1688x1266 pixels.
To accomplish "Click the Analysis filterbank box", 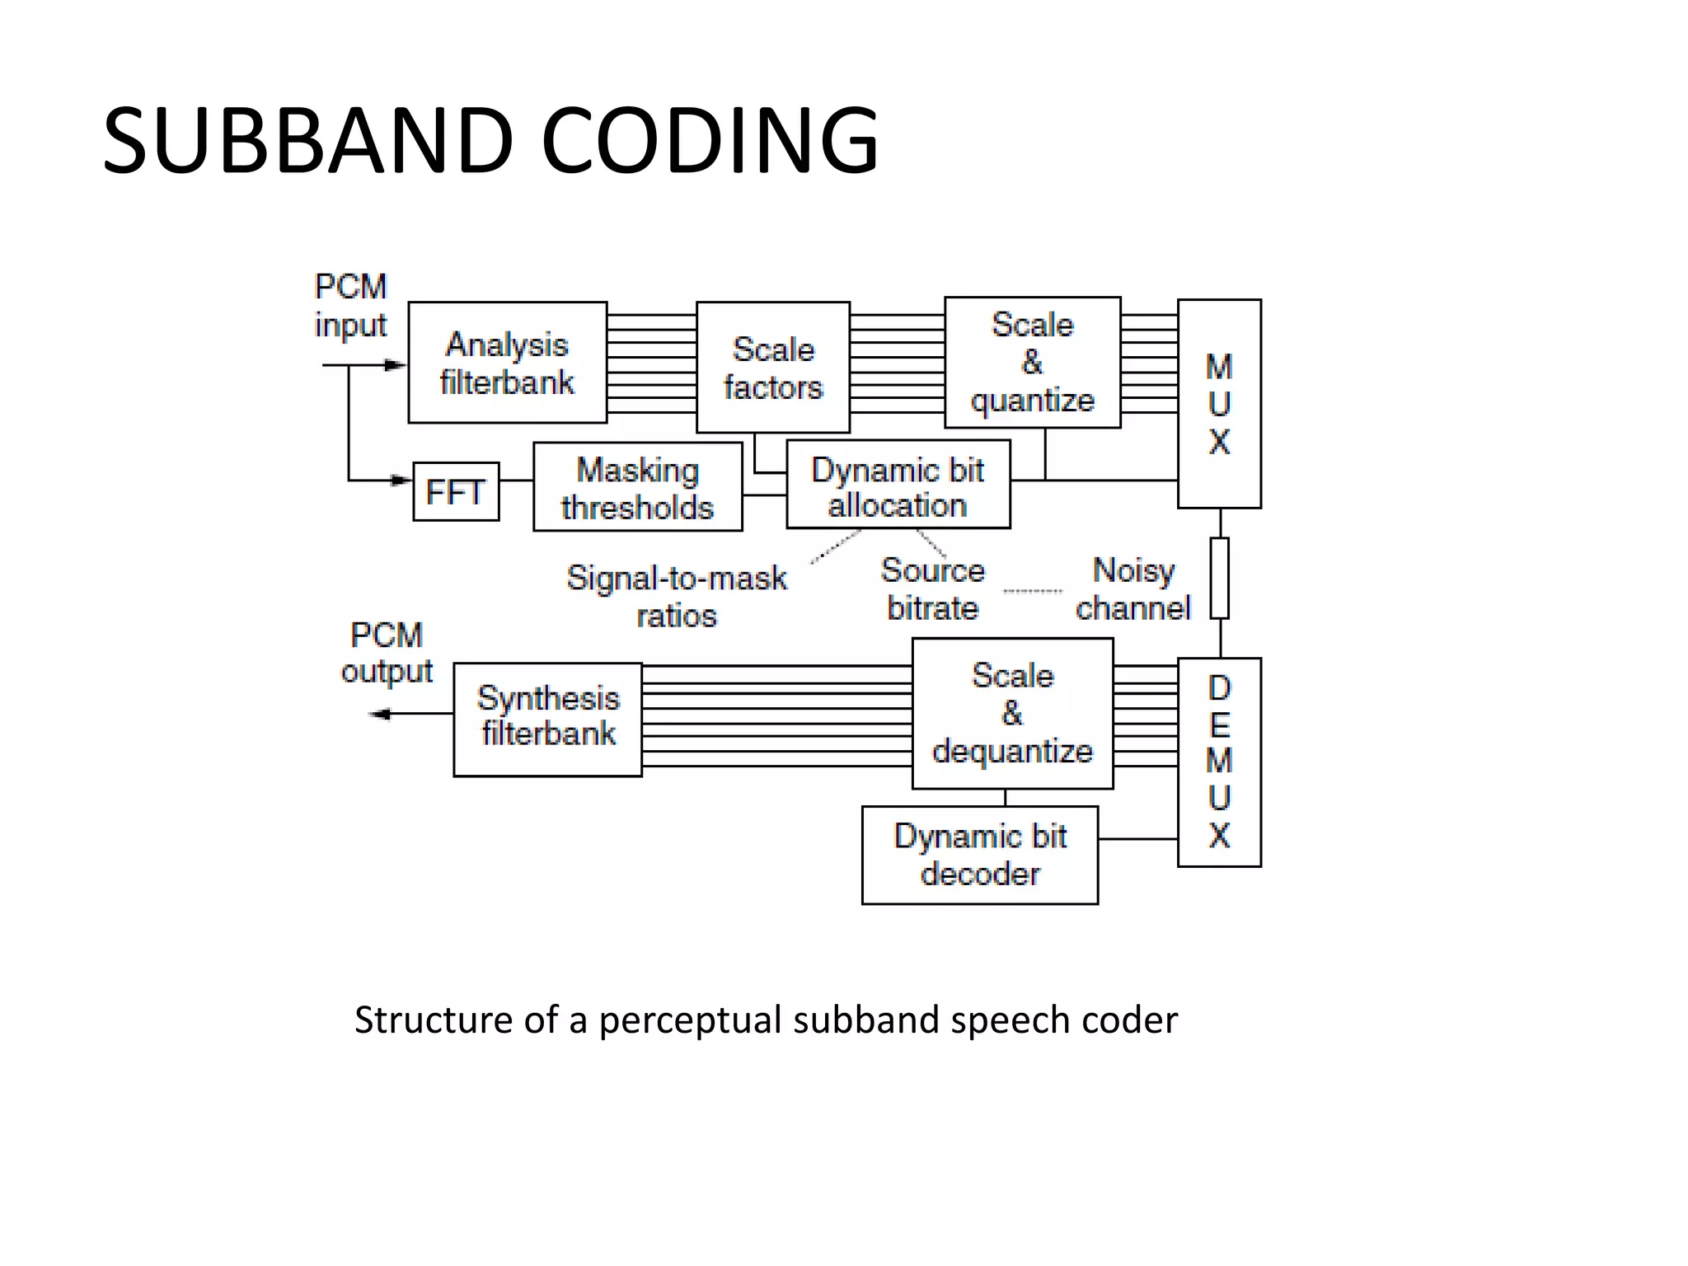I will click(507, 363).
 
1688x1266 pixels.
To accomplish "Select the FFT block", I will click(455, 492).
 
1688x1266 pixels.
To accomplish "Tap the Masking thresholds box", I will click(637, 487).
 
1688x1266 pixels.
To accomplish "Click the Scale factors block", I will click(772, 368).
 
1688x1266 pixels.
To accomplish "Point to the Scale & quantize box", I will click(1032, 363).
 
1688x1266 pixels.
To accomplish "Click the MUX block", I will click(1218, 404).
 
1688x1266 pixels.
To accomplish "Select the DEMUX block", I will click(1218, 762).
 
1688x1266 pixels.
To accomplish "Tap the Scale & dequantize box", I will click(1012, 714).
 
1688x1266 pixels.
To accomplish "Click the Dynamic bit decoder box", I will click(979, 856).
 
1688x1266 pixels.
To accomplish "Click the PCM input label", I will click(350, 306).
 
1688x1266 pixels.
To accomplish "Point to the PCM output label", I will click(386, 653).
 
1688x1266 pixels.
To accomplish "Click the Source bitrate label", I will click(932, 589).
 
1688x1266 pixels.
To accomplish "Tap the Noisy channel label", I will click(1132, 589).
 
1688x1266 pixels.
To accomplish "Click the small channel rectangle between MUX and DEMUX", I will click(1219, 578).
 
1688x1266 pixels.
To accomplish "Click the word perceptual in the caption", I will click(689, 1020).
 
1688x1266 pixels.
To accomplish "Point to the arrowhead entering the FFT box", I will click(401, 480).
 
